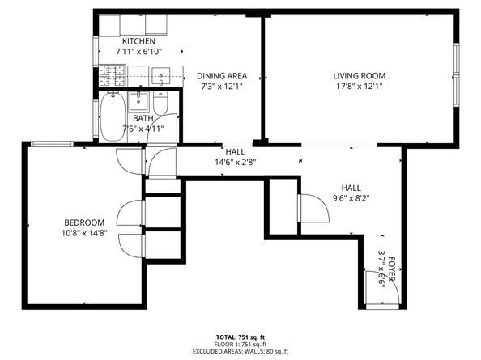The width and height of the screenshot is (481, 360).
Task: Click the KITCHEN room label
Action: [138, 41]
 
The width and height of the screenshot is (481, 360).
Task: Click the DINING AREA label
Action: [221, 76]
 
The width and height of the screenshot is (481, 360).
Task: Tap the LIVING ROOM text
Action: [357, 76]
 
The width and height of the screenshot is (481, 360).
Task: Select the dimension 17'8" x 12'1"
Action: [357, 86]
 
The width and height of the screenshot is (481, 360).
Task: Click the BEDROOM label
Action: [85, 222]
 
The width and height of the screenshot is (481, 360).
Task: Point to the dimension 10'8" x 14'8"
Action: [85, 233]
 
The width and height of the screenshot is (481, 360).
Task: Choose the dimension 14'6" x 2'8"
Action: [235, 162]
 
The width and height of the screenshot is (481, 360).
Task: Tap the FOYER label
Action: [392, 269]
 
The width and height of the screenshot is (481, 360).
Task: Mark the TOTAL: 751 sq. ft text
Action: [240, 336]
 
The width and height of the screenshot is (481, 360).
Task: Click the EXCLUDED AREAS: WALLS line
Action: [240, 351]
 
